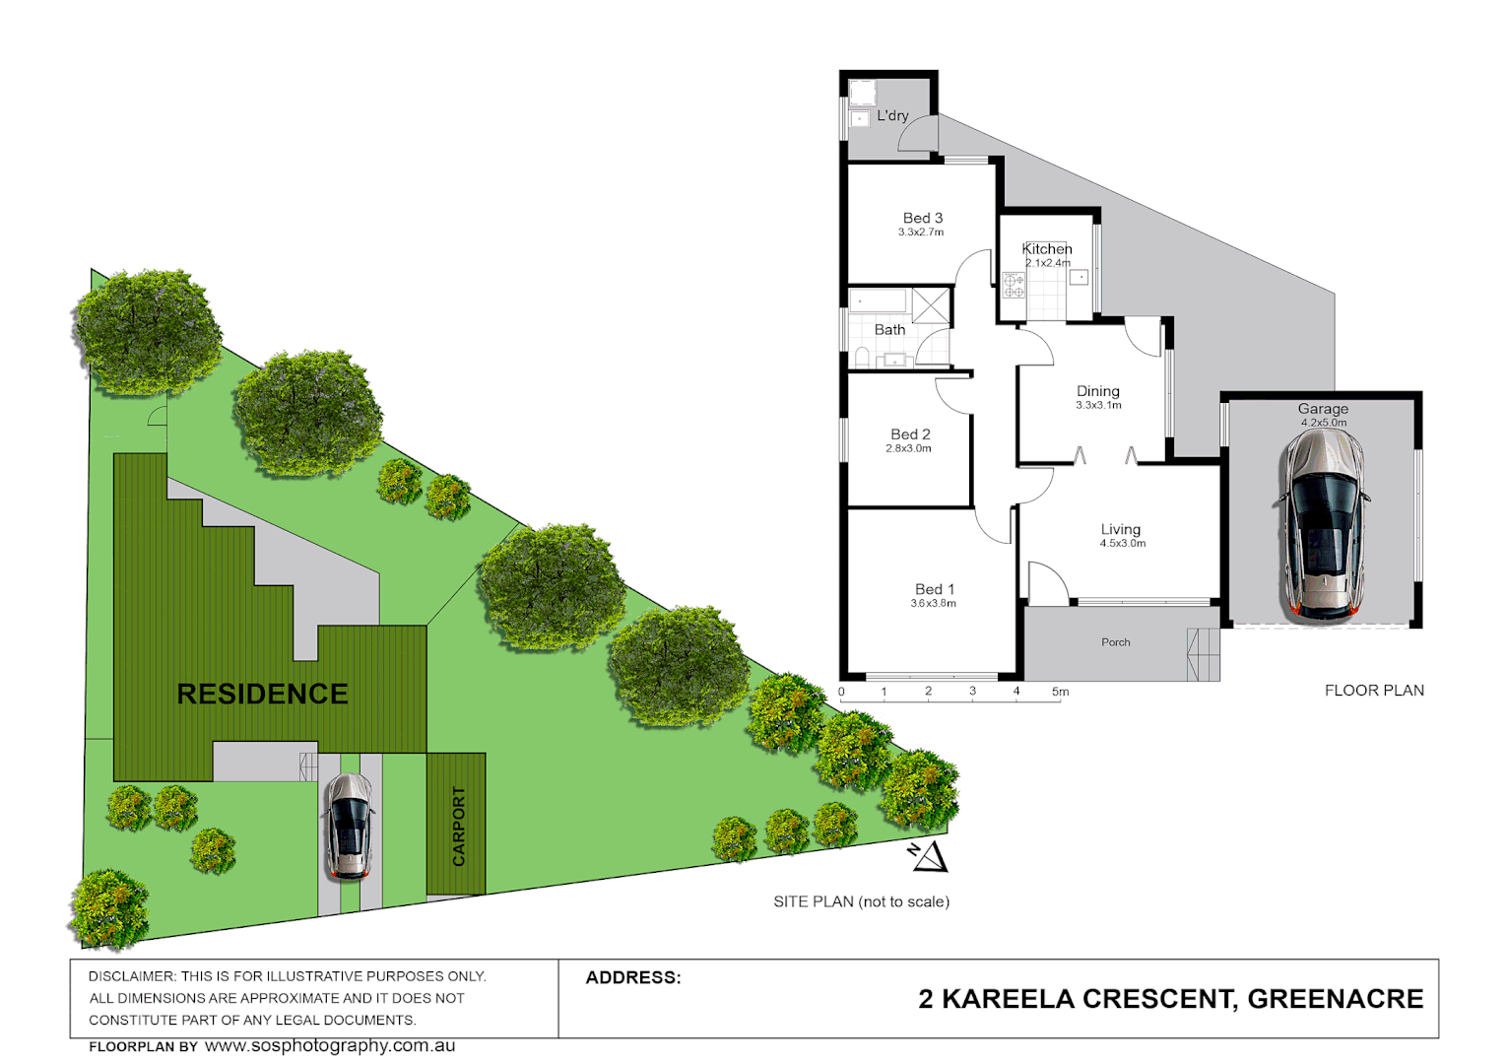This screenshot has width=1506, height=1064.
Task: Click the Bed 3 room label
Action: coord(922,218)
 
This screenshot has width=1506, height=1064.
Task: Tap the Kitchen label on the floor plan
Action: coord(1046,249)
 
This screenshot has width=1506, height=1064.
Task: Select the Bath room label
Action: coord(889,330)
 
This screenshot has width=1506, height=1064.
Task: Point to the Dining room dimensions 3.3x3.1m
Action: coord(1098,405)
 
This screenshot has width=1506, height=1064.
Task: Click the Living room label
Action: coord(1121,529)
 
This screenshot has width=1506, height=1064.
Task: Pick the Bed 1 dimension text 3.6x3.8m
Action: coord(933,603)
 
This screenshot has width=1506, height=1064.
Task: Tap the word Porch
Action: coord(1115,642)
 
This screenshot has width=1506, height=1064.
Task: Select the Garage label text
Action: coord(1323,409)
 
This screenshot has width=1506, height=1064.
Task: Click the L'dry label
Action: coord(892,115)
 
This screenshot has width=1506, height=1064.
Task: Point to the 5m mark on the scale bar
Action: coord(1060,692)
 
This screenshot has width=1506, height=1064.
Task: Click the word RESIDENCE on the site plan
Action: coord(262,694)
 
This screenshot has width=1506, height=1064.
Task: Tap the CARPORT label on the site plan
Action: coord(458,826)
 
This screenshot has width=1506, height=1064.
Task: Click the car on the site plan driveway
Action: coord(348,826)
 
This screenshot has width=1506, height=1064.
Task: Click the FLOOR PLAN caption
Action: coord(1374,691)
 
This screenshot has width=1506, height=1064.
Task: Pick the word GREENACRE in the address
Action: coord(1335,999)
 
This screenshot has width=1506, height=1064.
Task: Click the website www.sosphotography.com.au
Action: coord(330,1046)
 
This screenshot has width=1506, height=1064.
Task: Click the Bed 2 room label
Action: coord(910,434)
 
